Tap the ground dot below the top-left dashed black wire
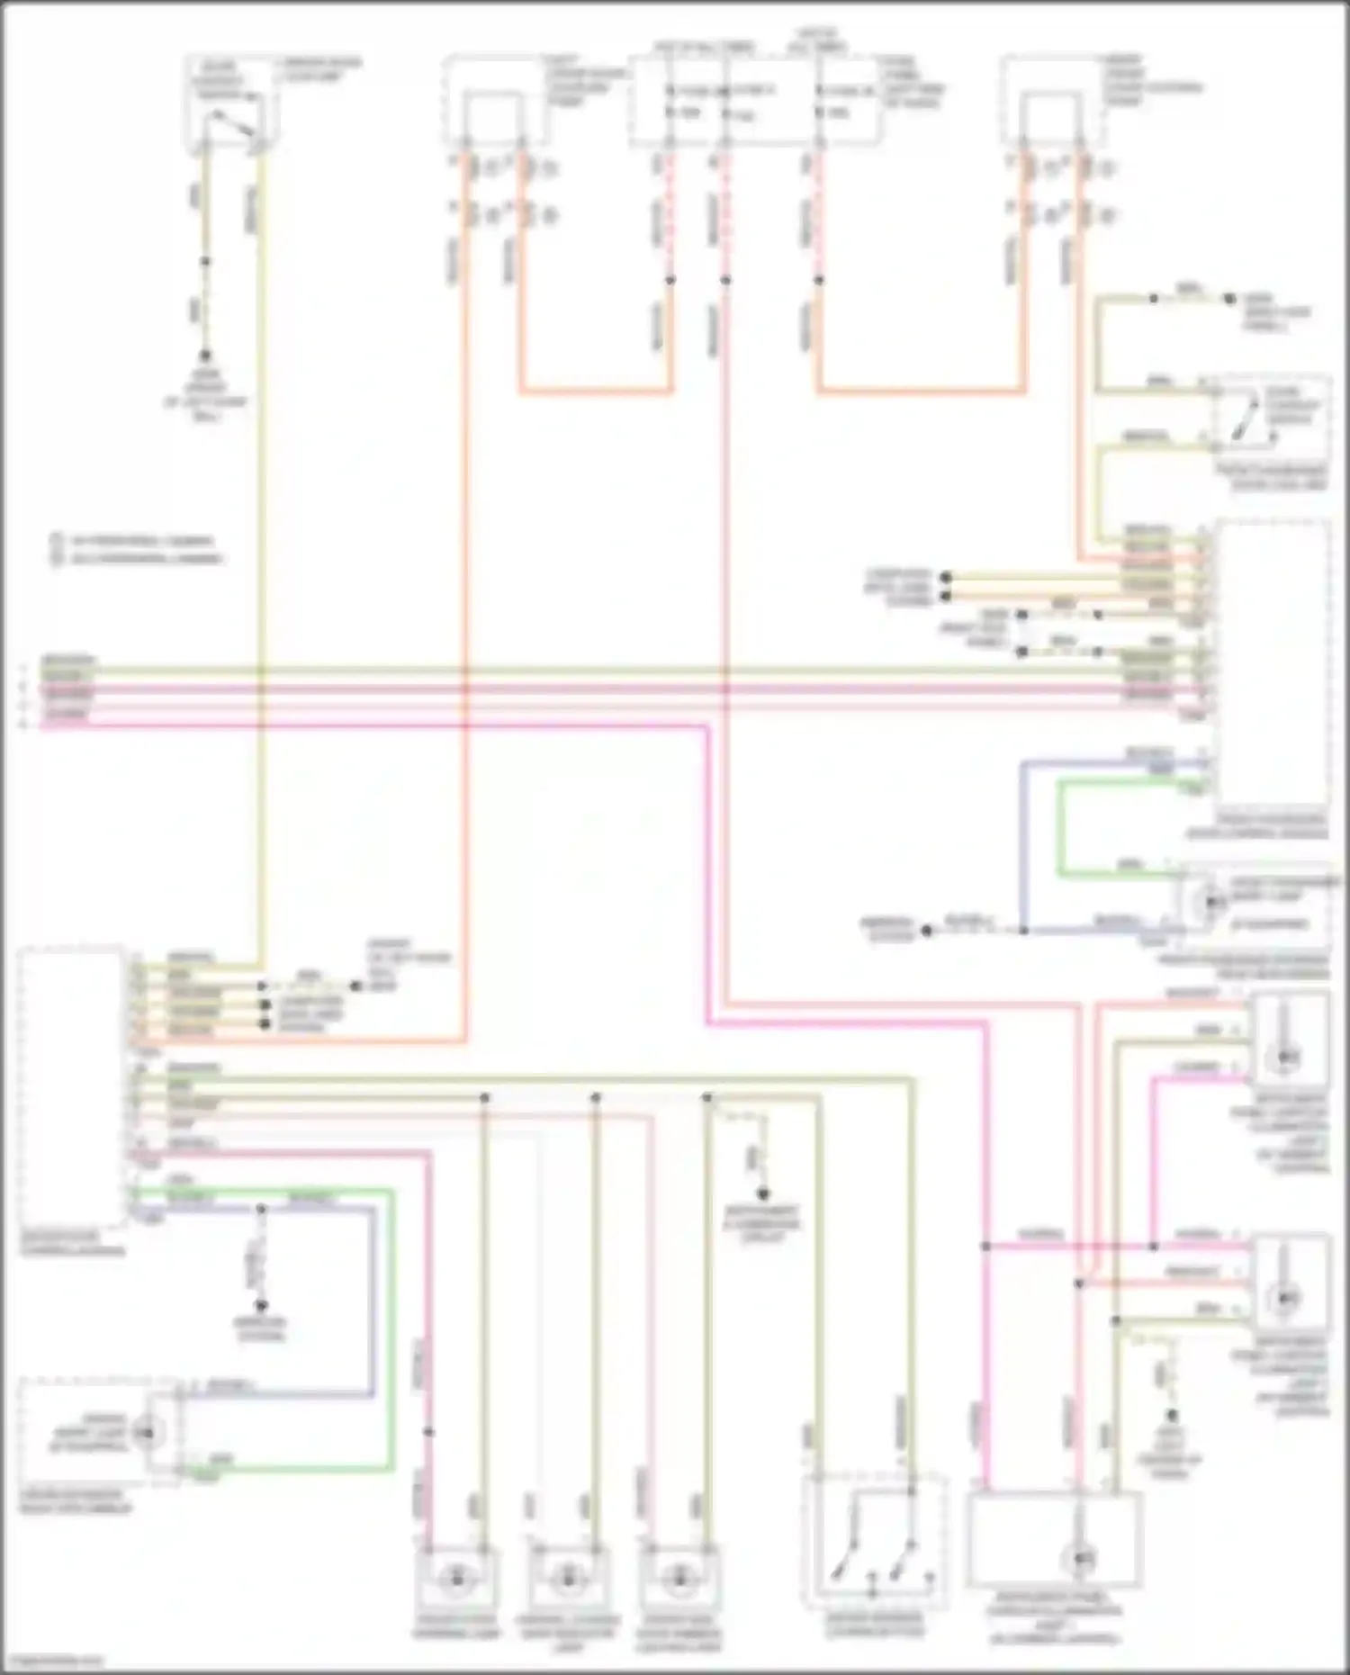point(205,356)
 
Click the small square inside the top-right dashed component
point(1050,118)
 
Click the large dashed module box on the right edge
point(1271,666)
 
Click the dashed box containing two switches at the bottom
point(873,1542)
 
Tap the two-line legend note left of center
point(135,550)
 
